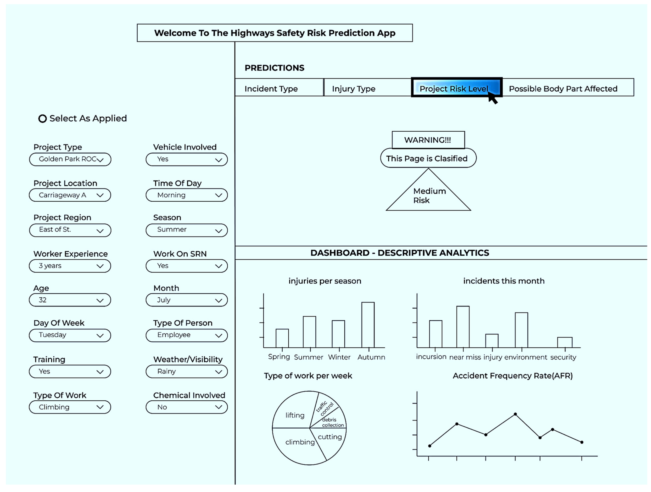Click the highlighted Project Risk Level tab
456,88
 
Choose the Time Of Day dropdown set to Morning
187,195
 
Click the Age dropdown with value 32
70,300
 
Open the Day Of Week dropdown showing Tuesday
70,335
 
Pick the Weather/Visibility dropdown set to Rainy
187,372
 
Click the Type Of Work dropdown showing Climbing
70,407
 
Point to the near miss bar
463,327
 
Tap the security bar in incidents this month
564,342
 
